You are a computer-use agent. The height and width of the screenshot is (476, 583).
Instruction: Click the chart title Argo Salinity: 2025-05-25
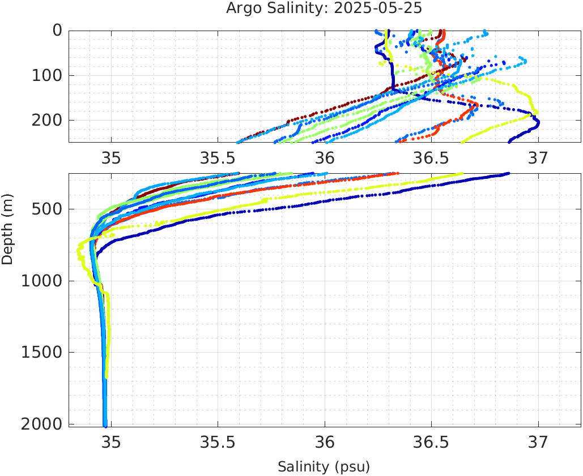click(x=324, y=8)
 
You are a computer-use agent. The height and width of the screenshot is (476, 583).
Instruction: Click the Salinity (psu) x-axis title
click(x=324, y=467)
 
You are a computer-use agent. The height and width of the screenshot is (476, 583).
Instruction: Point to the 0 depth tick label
click(x=57, y=31)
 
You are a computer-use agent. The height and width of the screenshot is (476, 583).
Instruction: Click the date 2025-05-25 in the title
click(x=378, y=8)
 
